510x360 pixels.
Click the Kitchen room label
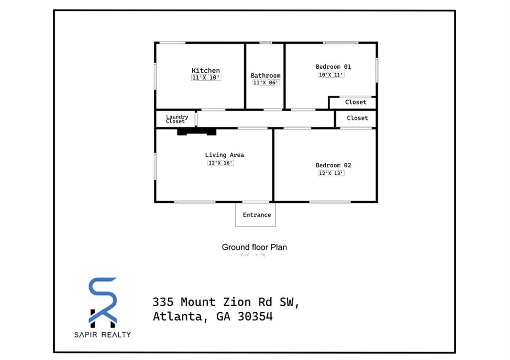[206, 71]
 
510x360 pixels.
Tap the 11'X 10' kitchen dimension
[206, 78]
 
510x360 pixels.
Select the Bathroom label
[265, 76]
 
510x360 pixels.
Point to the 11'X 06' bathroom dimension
[265, 83]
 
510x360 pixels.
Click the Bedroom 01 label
[333, 67]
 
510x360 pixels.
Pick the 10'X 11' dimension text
[332, 75]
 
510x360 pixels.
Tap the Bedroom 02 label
[333, 165]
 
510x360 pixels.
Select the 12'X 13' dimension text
[332, 173]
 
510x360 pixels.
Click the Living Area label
[224, 155]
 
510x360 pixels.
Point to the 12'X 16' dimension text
[221, 163]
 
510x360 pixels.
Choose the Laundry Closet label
[176, 119]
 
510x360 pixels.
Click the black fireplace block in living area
[197, 132]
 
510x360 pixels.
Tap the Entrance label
[257, 215]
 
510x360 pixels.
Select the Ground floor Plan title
[254, 247]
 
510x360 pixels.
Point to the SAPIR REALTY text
[103, 335]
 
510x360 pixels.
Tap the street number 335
[163, 302]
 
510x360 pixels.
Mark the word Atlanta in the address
[178, 317]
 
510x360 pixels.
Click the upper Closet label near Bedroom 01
[356, 102]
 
